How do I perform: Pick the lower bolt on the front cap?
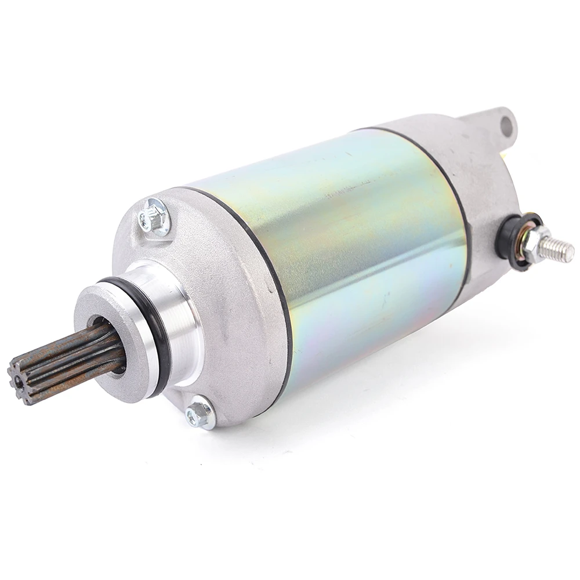pyautogui.click(x=198, y=413)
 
